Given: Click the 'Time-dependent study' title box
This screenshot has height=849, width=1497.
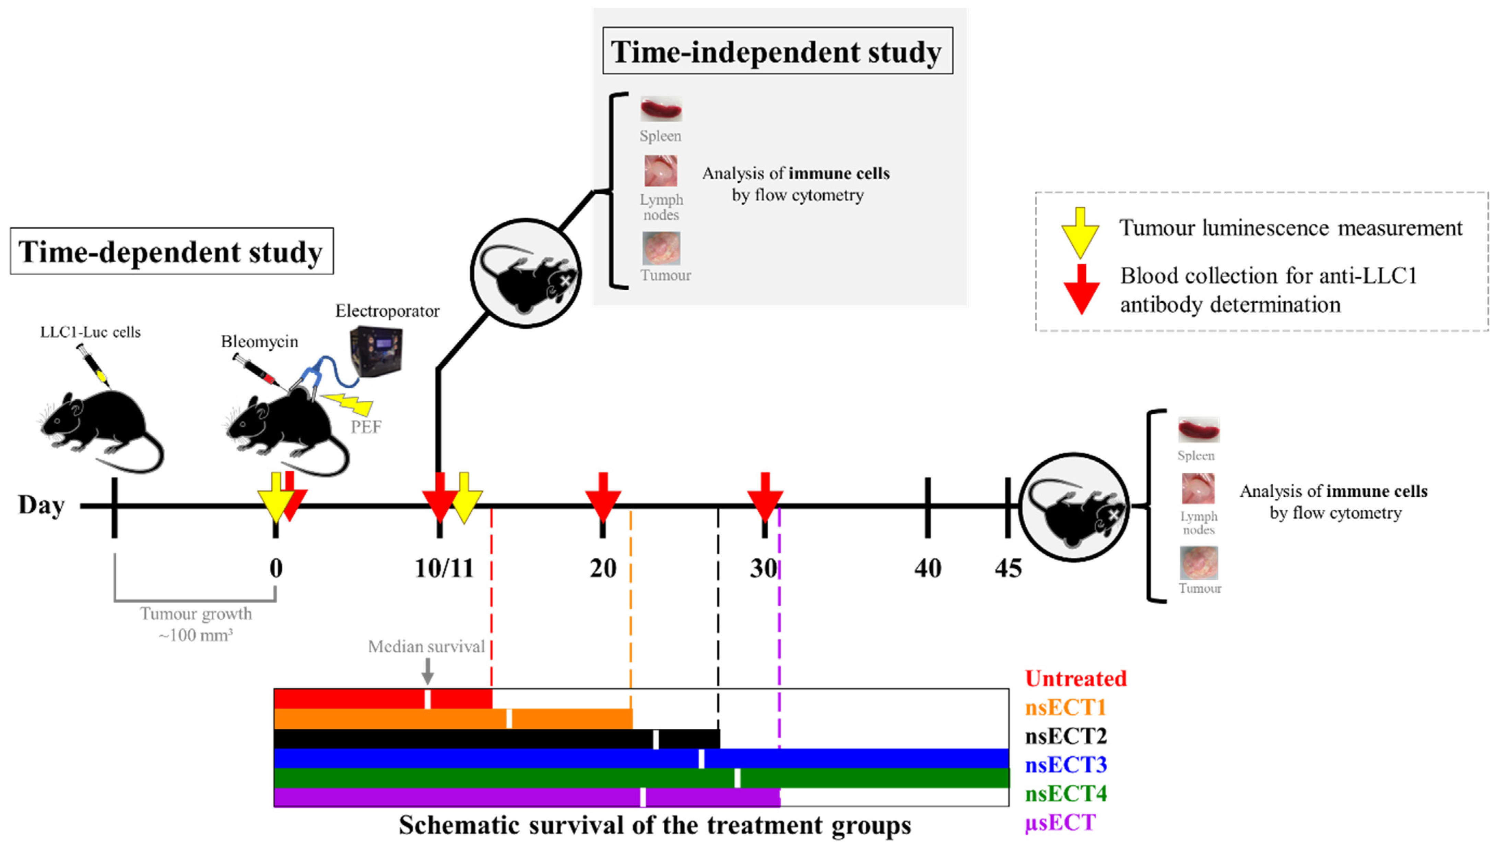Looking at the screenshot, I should [172, 251].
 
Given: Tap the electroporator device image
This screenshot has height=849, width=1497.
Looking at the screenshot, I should [376, 350].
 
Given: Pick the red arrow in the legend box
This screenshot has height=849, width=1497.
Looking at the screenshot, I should [1081, 289].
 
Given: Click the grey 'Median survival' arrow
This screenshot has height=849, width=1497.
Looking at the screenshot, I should [428, 670].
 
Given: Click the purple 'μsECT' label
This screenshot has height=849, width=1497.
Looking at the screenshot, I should [1060, 822].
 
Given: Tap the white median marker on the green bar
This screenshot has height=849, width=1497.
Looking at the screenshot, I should [738, 778].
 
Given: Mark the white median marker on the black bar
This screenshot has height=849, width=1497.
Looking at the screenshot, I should [656, 739].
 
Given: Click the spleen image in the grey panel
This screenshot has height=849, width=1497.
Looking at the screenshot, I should [661, 109].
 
